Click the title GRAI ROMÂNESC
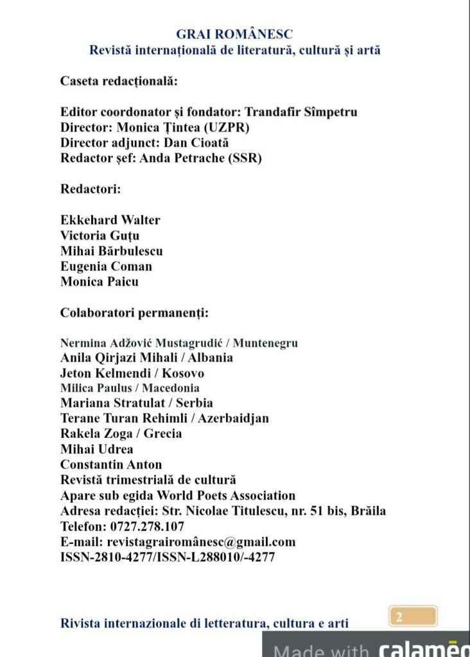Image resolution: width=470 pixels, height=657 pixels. pyautogui.click(x=234, y=35)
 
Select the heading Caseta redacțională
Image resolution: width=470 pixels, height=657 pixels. pyautogui.click(x=119, y=81)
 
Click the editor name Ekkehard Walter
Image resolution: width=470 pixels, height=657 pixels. pyautogui.click(x=110, y=220)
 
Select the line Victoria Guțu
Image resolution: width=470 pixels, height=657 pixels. pyautogui.click(x=100, y=235)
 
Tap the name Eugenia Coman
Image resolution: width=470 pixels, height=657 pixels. pyautogui.click(x=106, y=266)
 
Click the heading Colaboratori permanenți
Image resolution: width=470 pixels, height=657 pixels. pyautogui.click(x=134, y=313)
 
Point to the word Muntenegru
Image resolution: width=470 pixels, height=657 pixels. pyautogui.click(x=265, y=343)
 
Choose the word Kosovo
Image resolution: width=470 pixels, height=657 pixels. pyautogui.click(x=183, y=373)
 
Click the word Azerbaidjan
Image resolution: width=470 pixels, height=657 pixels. pyautogui.click(x=233, y=418)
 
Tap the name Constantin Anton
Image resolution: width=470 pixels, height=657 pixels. pyautogui.click(x=111, y=464)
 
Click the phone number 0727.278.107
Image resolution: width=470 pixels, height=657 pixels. pyautogui.click(x=146, y=527)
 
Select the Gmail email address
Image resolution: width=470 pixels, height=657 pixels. pyautogui.click(x=201, y=542)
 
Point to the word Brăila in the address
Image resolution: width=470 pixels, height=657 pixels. pyautogui.click(x=368, y=511)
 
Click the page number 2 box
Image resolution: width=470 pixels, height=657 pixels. pyautogui.click(x=413, y=617)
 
